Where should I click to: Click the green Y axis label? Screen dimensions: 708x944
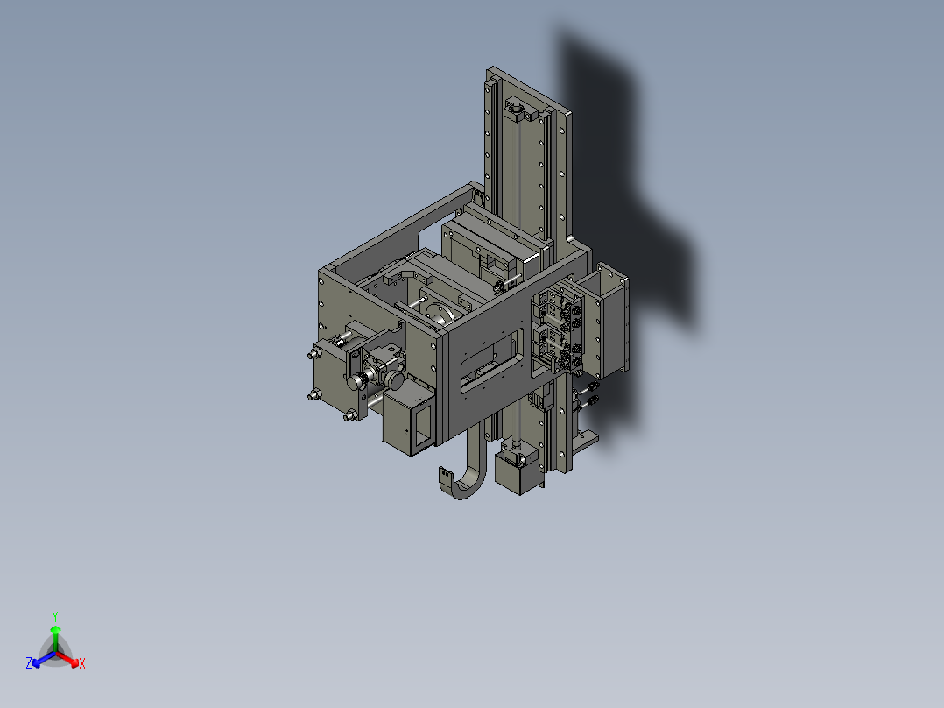coord(55,616)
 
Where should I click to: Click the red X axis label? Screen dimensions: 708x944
coord(81,664)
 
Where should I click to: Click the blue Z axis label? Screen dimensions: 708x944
coord(29,664)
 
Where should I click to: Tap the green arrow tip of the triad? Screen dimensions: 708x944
coord(55,629)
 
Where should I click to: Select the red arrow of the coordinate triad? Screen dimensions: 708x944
coord(69,658)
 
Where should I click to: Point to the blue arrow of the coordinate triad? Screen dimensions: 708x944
coord(41,658)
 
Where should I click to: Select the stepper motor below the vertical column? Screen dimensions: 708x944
coord(517,473)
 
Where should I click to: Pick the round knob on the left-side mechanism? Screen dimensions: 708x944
coord(357,382)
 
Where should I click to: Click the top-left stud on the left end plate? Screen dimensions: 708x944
coord(313,355)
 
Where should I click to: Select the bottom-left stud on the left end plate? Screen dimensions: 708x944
coord(313,397)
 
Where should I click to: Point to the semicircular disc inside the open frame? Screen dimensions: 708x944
coord(438,311)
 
